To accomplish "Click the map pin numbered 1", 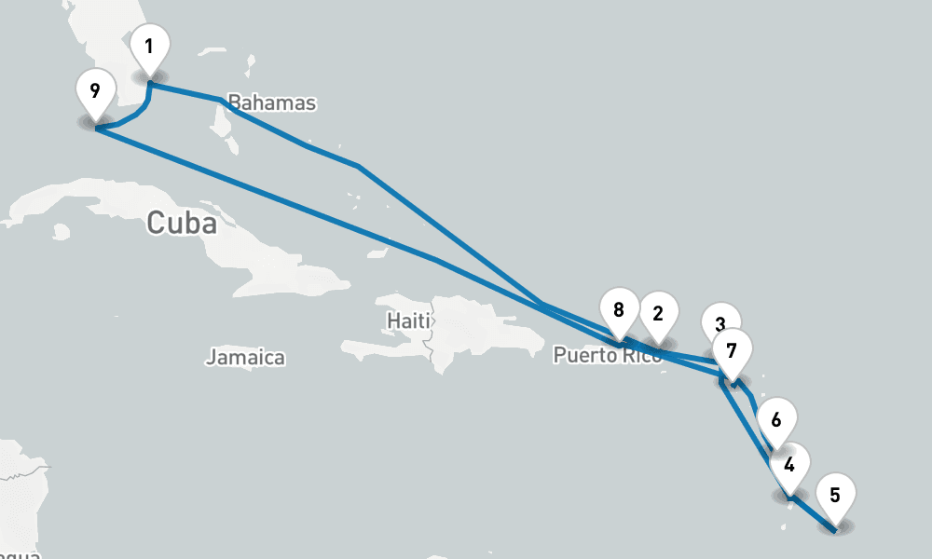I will coord(150,47).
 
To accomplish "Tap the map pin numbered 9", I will coord(94,92).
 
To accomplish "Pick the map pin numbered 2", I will coord(658,314).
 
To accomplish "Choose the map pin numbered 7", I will coord(731,352).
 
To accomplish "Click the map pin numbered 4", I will coord(789,465).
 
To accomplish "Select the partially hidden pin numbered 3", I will coord(720,318).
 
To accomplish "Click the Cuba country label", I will coord(181,224).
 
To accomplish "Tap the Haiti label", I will coord(408,321).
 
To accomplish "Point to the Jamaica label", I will coord(245,357).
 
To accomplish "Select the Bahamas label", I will coord(272,102).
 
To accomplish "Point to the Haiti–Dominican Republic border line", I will coord(433,326).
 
